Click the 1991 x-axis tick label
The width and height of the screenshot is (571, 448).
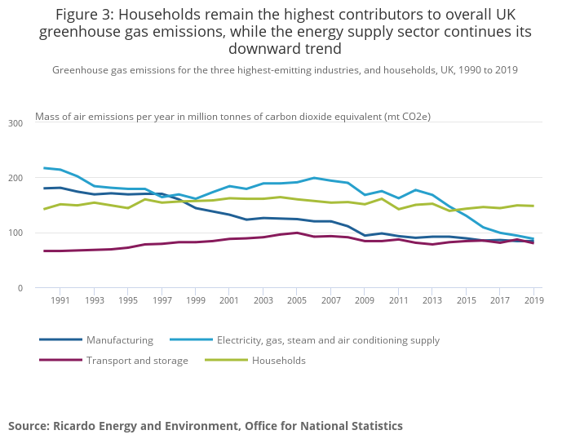(x=60, y=301)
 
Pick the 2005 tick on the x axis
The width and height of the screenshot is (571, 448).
(x=298, y=301)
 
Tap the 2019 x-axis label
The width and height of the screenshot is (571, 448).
(x=533, y=301)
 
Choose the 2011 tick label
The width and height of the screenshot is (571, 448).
(x=398, y=301)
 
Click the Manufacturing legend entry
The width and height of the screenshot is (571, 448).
(x=119, y=340)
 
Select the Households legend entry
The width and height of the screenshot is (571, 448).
(x=278, y=361)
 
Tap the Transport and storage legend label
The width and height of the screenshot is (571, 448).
(x=137, y=361)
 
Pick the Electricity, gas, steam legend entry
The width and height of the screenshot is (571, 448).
(x=328, y=340)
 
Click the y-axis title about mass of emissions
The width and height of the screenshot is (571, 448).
(x=232, y=118)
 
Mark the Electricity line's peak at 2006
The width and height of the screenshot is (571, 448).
(x=314, y=178)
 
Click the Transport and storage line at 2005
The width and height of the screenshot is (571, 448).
(x=298, y=233)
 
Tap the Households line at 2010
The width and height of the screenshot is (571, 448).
(x=382, y=198)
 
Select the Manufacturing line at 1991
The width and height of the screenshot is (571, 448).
(x=60, y=188)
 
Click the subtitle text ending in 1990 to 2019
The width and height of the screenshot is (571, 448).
(x=285, y=70)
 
